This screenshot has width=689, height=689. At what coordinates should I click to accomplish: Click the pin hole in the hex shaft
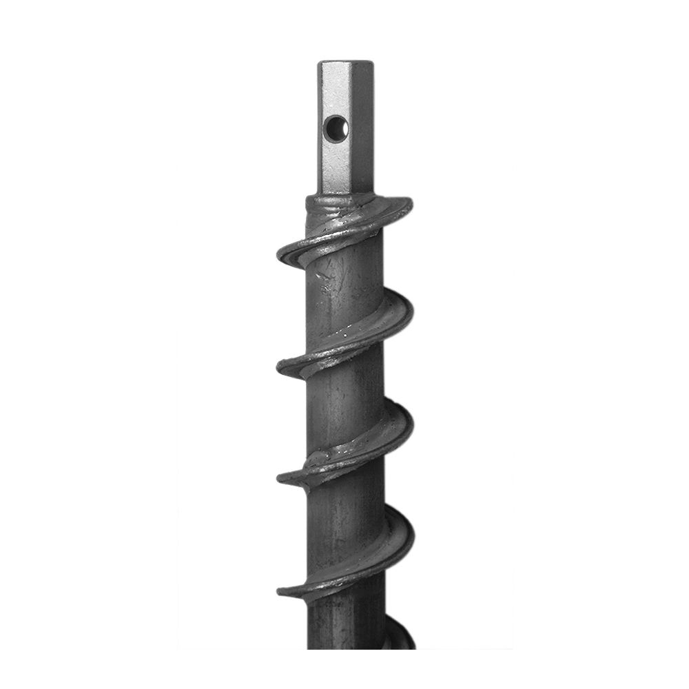click(336, 127)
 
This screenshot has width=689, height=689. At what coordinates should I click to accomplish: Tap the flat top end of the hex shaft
click(345, 64)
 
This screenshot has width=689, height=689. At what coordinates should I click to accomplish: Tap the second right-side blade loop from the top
click(400, 313)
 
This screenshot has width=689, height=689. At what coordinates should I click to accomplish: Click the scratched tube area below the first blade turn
click(338, 282)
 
